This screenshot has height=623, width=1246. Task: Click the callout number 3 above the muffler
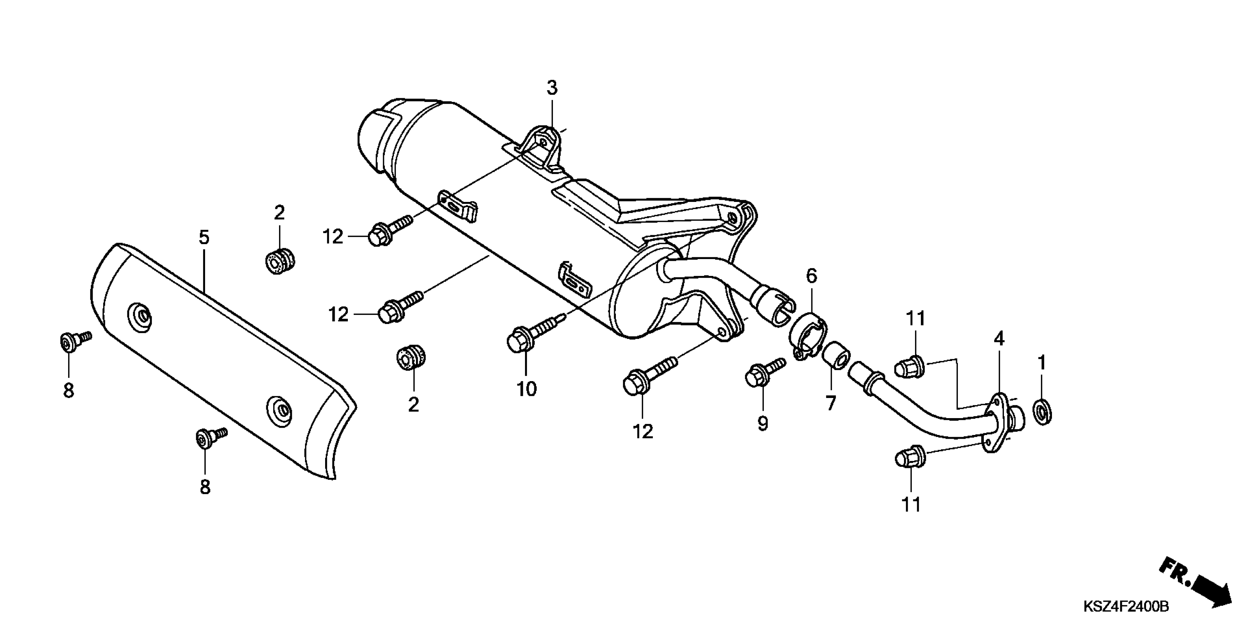click(552, 88)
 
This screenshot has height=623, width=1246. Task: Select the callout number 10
click(527, 389)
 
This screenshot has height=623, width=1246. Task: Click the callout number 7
click(831, 403)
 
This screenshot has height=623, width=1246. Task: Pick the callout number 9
click(763, 424)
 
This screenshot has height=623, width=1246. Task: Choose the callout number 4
click(999, 339)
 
